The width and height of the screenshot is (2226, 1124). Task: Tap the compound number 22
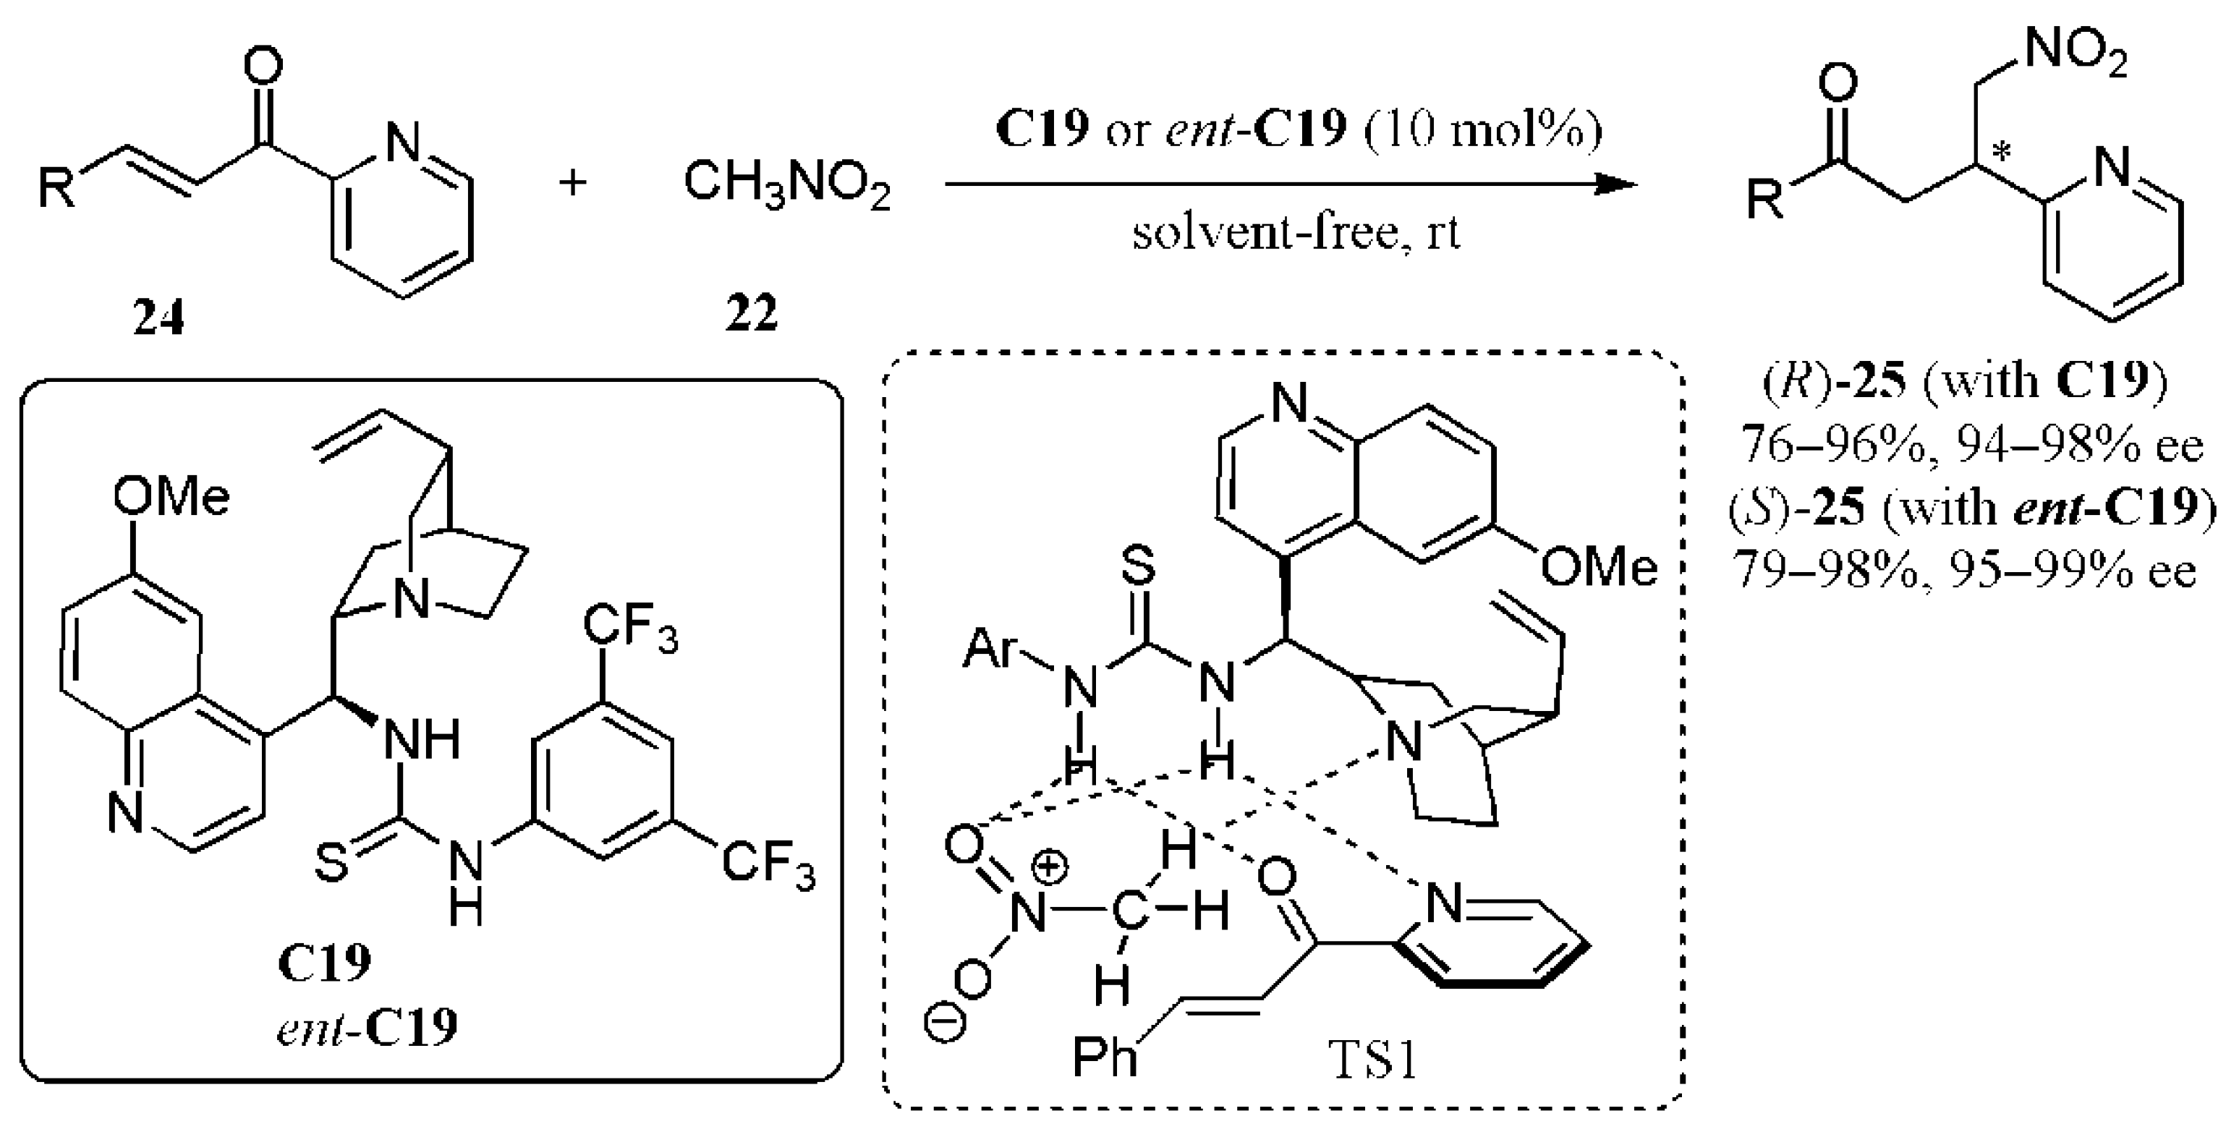coord(751,312)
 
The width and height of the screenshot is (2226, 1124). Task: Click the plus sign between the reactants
coord(572,182)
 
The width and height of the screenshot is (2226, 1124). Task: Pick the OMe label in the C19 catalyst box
coord(171,498)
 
